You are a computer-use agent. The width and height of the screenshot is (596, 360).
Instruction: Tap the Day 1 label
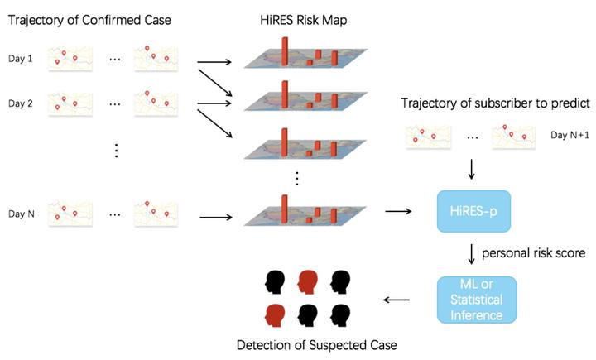tap(22, 58)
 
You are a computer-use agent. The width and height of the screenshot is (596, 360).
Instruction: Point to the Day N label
tap(22, 214)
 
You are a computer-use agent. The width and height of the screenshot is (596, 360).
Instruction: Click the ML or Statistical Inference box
tap(475, 299)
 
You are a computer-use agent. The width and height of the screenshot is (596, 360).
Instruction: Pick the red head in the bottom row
tap(274, 316)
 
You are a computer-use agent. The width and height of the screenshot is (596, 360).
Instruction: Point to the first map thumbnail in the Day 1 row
tap(70, 57)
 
